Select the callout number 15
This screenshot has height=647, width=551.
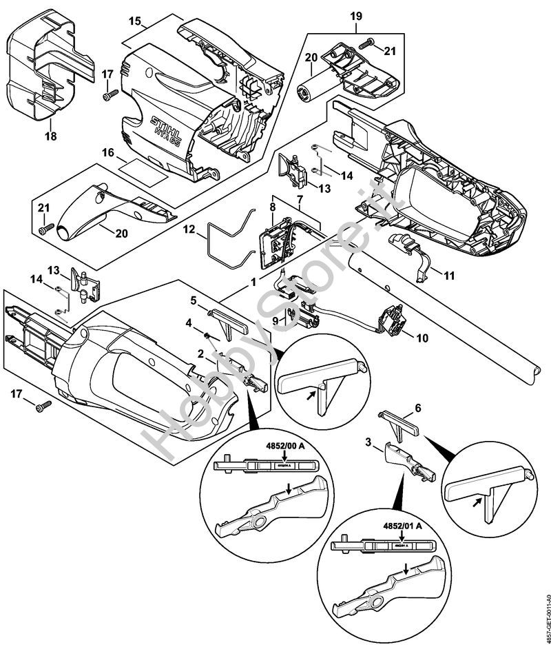(x=135, y=22)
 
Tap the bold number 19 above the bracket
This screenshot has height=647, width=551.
(x=356, y=15)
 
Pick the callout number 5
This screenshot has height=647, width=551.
(x=194, y=300)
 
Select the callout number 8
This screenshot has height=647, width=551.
(x=273, y=206)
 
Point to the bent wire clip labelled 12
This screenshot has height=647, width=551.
(x=227, y=241)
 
